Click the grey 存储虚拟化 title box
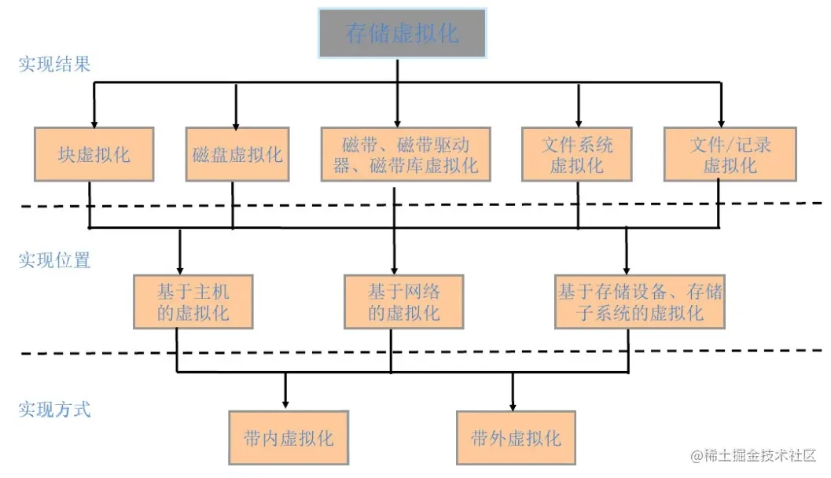point(402,33)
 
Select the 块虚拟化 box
point(94,154)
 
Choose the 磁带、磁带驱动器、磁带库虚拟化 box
point(406,154)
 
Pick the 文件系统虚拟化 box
point(577,154)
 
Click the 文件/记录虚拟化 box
point(730,154)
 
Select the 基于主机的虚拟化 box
point(193,302)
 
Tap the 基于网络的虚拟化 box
point(404,302)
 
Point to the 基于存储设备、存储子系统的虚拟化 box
point(639,302)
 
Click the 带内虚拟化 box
point(288,437)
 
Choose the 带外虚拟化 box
point(516,437)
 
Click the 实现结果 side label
point(54,64)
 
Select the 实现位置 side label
point(54,260)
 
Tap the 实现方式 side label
point(54,409)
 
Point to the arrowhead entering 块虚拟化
point(94,123)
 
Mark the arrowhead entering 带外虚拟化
point(513,406)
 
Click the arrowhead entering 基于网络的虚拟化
point(394,270)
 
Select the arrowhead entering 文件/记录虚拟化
point(721,123)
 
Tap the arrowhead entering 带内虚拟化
point(285,406)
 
